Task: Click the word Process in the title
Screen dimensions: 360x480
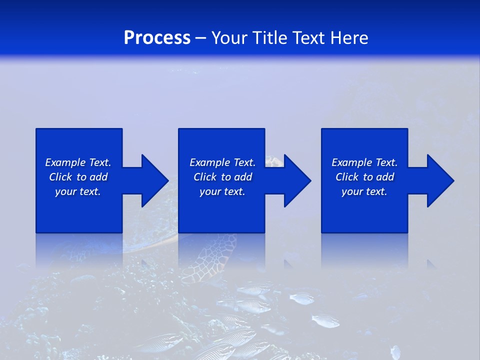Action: [157, 38]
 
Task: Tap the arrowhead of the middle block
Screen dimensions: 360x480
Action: [297, 180]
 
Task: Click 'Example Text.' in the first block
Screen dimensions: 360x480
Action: [78, 162]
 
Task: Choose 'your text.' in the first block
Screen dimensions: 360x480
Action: [78, 191]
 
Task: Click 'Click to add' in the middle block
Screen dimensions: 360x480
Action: [222, 177]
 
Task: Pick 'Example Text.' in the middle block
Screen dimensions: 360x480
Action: [222, 162]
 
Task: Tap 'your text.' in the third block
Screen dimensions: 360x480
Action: [364, 191]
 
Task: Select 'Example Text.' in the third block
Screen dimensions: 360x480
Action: [364, 162]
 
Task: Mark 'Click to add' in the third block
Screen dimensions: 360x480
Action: [364, 177]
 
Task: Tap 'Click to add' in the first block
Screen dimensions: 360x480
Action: [78, 177]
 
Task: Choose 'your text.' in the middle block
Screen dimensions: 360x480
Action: [222, 191]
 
